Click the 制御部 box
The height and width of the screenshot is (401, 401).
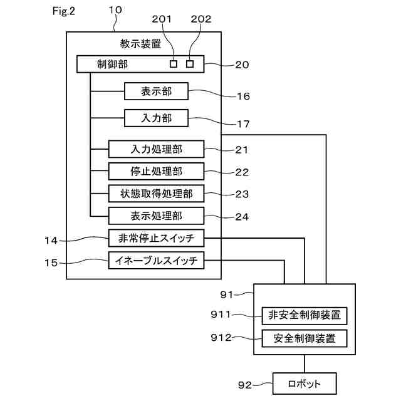(140, 64)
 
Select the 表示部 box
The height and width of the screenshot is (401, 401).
(156, 91)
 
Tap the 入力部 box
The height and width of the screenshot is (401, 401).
(156, 118)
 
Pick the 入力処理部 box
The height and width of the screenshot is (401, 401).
(156, 149)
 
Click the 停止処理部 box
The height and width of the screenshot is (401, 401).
(156, 171)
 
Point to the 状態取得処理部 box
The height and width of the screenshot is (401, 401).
(156, 194)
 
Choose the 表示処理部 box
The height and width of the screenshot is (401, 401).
(156, 216)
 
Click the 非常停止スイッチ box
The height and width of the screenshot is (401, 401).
(156, 238)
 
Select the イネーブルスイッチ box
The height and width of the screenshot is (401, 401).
(156, 261)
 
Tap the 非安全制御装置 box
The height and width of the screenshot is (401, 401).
(305, 316)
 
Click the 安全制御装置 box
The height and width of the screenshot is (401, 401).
(305, 338)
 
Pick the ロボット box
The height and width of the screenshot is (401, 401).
(305, 383)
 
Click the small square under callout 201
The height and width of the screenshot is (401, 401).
(174, 64)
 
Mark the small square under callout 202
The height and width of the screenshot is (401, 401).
(190, 64)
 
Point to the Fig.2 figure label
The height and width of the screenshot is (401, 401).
(64, 11)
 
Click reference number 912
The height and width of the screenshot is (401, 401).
(221, 338)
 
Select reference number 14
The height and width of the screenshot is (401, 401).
(51, 241)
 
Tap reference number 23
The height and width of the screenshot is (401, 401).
(242, 194)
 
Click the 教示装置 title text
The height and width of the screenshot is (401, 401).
(140, 44)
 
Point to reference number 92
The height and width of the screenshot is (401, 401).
(245, 385)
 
